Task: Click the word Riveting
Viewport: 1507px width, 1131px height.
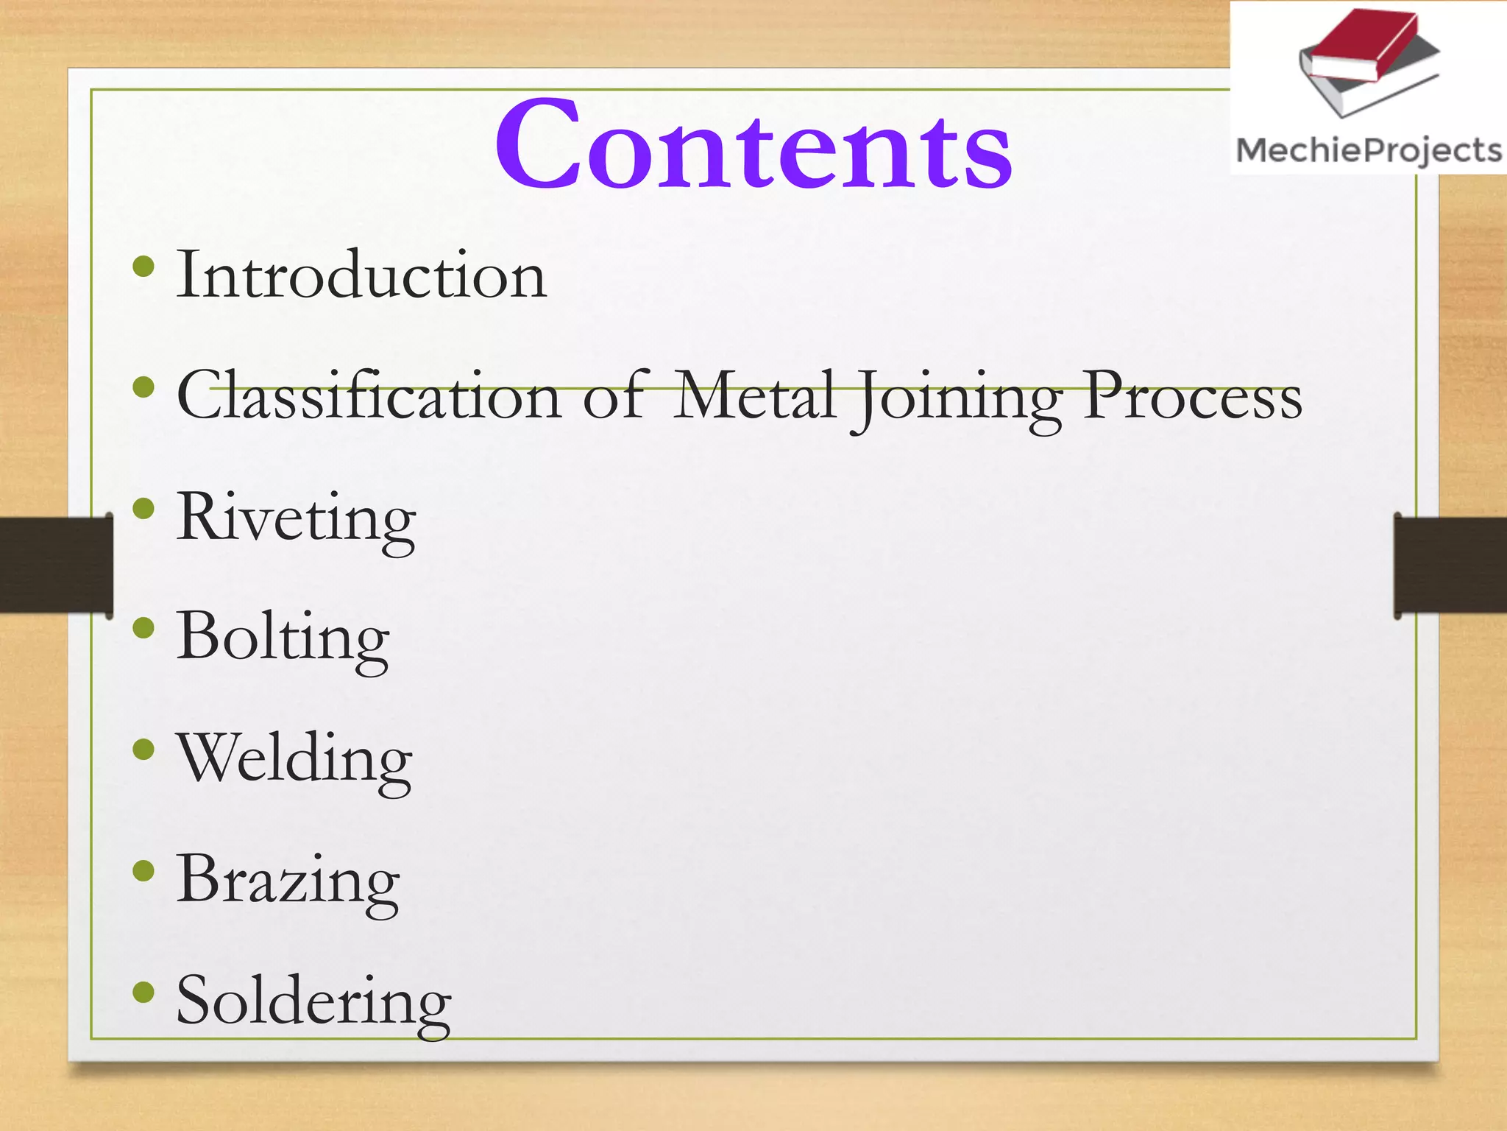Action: click(296, 518)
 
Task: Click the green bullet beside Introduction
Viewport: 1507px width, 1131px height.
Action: click(144, 267)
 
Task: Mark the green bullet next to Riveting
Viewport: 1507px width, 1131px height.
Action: click(144, 508)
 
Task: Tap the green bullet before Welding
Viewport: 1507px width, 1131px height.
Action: click(144, 750)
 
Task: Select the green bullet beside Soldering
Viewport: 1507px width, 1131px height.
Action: click(144, 993)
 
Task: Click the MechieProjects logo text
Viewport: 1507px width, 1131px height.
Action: click(1369, 151)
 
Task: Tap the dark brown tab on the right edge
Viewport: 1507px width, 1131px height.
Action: click(1450, 565)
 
